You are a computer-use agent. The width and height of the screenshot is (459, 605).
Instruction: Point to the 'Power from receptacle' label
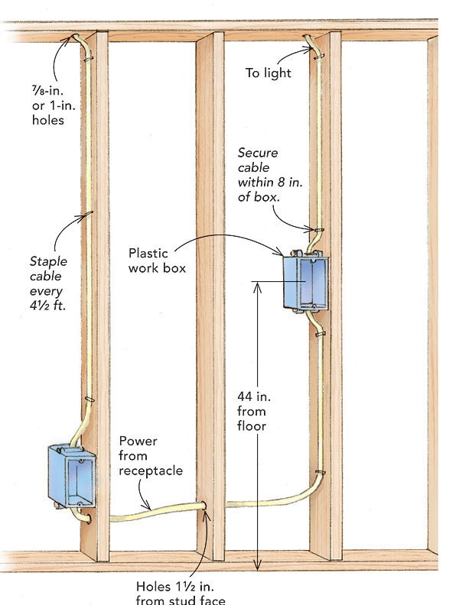tap(151, 456)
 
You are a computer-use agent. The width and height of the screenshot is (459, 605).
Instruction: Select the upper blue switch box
tap(306, 283)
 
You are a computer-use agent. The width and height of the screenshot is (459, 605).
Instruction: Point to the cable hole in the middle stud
tap(204, 508)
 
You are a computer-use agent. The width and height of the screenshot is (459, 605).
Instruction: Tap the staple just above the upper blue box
tap(314, 230)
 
